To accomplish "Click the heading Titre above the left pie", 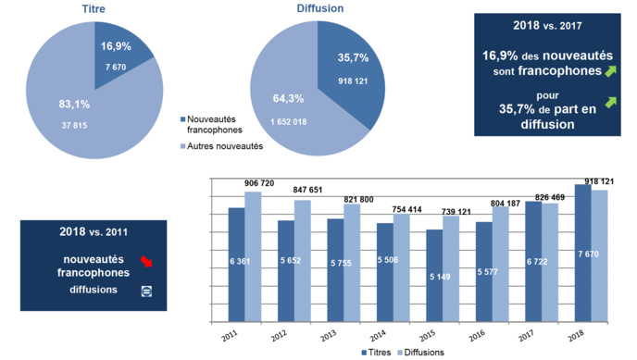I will tap(94, 8).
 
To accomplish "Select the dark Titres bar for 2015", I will tap(434, 276).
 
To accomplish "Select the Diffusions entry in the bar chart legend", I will tap(421, 353).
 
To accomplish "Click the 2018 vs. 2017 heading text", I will tap(545, 26).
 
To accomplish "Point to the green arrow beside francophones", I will tap(611, 69).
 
